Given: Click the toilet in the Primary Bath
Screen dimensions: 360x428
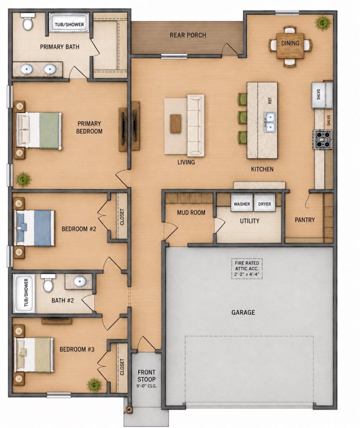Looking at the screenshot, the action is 28,22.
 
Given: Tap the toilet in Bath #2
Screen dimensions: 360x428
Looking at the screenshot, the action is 48,283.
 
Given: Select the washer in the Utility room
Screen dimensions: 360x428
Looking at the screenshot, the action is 242,203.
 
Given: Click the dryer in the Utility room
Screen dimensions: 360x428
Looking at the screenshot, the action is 264,203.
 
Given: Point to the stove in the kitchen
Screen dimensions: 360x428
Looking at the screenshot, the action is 322,139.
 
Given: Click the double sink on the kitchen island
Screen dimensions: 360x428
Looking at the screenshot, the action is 270,122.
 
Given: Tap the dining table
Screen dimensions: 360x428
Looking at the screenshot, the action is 290,45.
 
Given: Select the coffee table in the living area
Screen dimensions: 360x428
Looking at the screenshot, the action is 176,124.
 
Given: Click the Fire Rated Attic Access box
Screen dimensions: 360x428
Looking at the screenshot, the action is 247,269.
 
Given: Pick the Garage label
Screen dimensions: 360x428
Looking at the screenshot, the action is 243,312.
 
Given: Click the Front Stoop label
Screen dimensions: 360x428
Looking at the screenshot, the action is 147,376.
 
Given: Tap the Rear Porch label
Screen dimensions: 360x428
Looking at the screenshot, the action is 188,35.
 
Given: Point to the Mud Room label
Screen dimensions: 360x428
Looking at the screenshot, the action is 191,212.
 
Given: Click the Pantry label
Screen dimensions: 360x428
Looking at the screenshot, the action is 305,220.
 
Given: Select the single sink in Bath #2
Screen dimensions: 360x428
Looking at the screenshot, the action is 80,281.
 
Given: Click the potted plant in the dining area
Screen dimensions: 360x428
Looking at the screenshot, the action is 323,23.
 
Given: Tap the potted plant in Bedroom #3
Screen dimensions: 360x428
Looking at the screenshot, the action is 94,385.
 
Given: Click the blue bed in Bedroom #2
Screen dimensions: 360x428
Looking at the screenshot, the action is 35,228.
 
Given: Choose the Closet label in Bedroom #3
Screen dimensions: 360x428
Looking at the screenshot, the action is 122,367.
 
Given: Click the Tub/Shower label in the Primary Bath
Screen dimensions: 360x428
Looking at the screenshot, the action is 69,25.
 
